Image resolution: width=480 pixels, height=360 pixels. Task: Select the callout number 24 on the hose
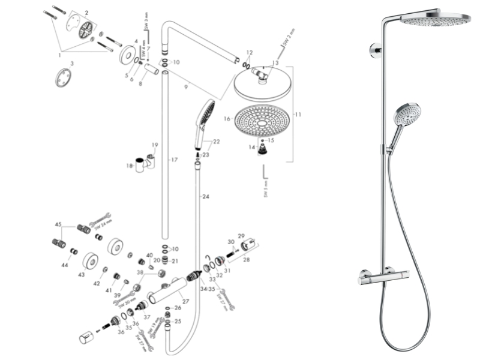point(206,197)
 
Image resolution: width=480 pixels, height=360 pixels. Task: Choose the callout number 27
point(185,301)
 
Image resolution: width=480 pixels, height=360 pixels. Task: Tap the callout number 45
point(58,224)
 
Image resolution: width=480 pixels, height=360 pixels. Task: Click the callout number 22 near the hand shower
point(216,142)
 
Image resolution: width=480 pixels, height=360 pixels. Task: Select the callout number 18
point(128,166)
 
